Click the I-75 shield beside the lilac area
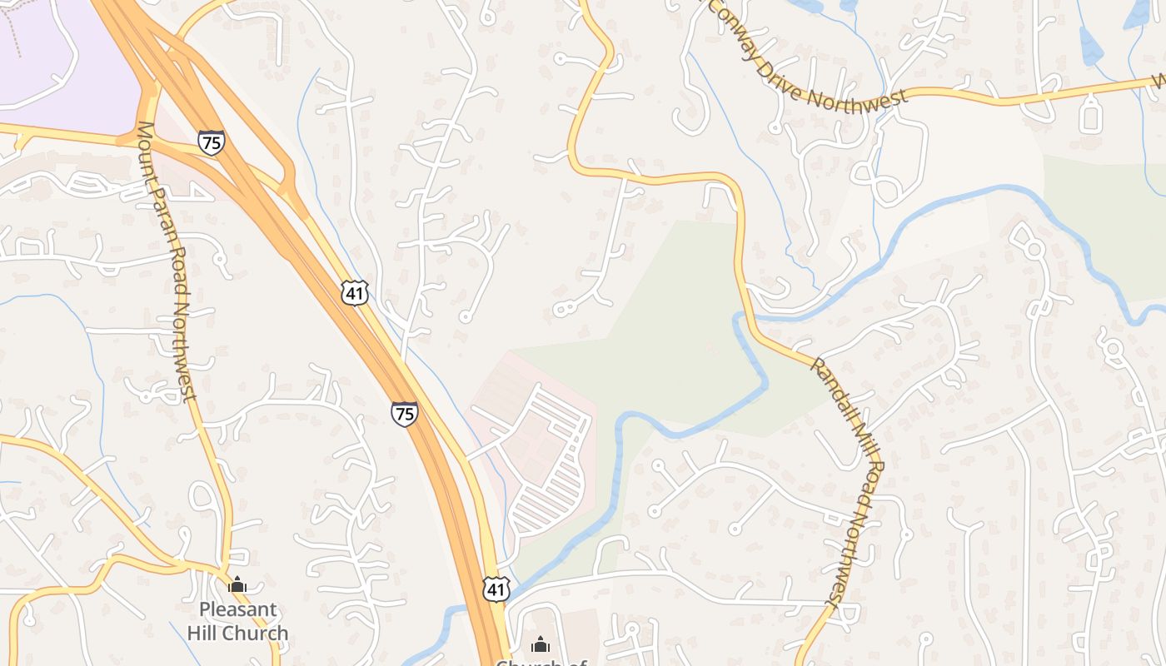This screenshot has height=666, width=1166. pyautogui.click(x=212, y=142)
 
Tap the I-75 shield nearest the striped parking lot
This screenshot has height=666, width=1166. pyautogui.click(x=405, y=414)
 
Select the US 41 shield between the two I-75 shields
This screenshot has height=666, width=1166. pyautogui.click(x=355, y=292)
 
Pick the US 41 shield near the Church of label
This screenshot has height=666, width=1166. pyautogui.click(x=496, y=589)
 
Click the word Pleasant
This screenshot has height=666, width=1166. pyautogui.click(x=237, y=609)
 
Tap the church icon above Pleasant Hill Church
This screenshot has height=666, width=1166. pyautogui.click(x=237, y=585)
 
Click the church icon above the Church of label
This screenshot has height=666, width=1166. pyautogui.click(x=541, y=644)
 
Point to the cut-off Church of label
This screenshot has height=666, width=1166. pyautogui.click(x=541, y=663)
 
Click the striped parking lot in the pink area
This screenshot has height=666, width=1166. pyautogui.click(x=546, y=466)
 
